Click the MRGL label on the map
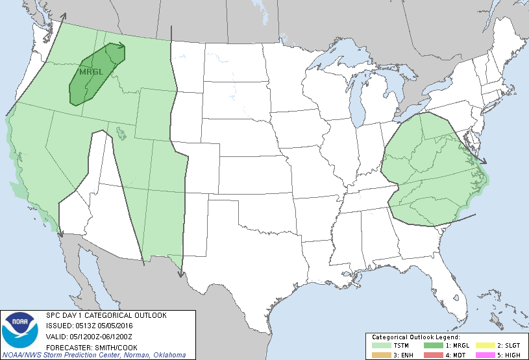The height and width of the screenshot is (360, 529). (x=91, y=72)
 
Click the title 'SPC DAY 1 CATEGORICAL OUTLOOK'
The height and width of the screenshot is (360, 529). (x=106, y=315)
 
